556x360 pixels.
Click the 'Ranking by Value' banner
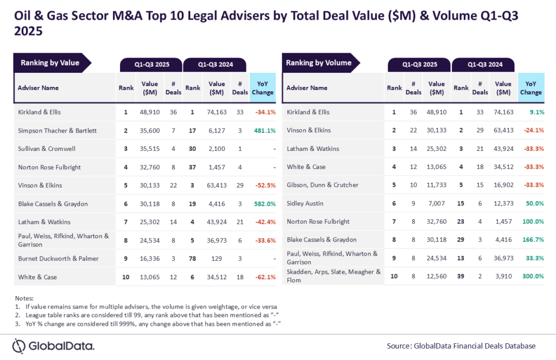tap(50, 62)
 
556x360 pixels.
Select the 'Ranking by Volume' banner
tap(319, 62)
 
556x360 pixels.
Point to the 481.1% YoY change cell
tap(264, 130)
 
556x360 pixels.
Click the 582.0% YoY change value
tap(264, 203)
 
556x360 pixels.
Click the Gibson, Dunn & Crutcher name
tap(323, 185)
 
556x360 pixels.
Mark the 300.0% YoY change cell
tap(532, 276)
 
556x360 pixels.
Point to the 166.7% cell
tap(532, 240)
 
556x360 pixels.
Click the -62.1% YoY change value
tap(264, 277)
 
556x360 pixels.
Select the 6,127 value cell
tap(217, 130)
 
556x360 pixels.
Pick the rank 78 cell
tap(193, 258)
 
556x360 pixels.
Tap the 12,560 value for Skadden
tap(437, 276)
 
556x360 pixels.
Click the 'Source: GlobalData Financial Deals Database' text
tap(461, 346)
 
